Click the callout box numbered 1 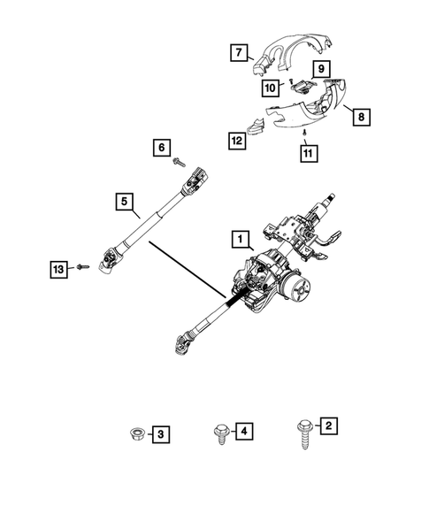tap(238, 238)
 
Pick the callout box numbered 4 tap(245, 432)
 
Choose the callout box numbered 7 tap(237, 53)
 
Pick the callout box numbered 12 tap(237, 140)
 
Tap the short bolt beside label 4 tap(218, 433)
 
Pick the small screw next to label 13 tap(80, 266)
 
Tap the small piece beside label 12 tap(256, 126)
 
